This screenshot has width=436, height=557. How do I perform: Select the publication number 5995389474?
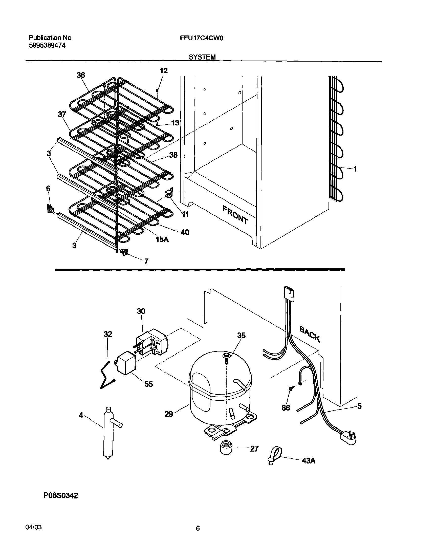[x=47, y=46]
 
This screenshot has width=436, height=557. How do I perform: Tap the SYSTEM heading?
[x=202, y=57]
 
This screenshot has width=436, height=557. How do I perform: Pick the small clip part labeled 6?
[x=50, y=209]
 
